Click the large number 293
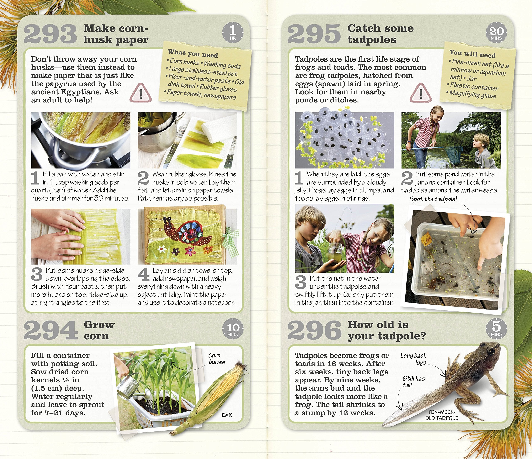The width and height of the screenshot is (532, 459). click(x=50, y=34)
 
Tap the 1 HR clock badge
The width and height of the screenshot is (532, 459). click(x=233, y=32)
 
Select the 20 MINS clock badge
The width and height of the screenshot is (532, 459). click(x=496, y=33)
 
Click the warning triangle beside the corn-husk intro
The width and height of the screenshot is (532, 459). click(x=140, y=93)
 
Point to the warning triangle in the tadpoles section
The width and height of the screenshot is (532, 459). click(x=421, y=93)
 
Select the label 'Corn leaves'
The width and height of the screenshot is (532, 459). click(x=217, y=359)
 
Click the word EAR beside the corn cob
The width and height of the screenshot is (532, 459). click(x=227, y=415)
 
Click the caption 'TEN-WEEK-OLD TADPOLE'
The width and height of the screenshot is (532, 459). click(x=442, y=415)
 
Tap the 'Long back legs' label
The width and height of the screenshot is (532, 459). click(x=414, y=359)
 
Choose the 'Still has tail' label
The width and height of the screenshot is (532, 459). click(x=413, y=382)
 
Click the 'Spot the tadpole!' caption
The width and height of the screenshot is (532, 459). click(x=433, y=199)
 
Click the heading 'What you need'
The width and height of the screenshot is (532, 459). click(x=193, y=53)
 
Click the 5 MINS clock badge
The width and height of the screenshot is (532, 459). click(x=496, y=329)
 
